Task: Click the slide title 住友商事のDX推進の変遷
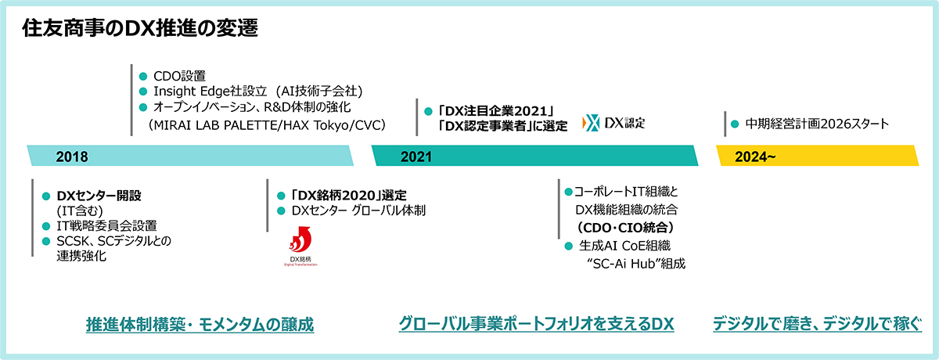(140, 28)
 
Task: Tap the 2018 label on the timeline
(72, 157)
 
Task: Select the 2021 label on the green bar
(416, 157)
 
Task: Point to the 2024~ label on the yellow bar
(755, 157)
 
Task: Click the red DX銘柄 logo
(300, 246)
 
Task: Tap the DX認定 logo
(613, 123)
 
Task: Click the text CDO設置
(179, 76)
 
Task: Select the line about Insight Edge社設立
(257, 91)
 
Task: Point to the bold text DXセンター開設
(99, 196)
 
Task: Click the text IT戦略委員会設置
(106, 226)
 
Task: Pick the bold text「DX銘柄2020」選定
(349, 196)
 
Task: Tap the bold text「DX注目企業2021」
(496, 111)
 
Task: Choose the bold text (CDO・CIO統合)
(625, 228)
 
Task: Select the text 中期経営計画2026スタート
(817, 124)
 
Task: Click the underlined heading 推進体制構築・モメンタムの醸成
(200, 324)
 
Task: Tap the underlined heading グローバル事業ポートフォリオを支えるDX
(536, 324)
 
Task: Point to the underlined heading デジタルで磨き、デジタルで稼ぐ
(818, 324)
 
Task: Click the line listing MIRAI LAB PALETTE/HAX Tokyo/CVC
(267, 125)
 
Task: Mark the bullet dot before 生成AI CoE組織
(568, 246)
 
